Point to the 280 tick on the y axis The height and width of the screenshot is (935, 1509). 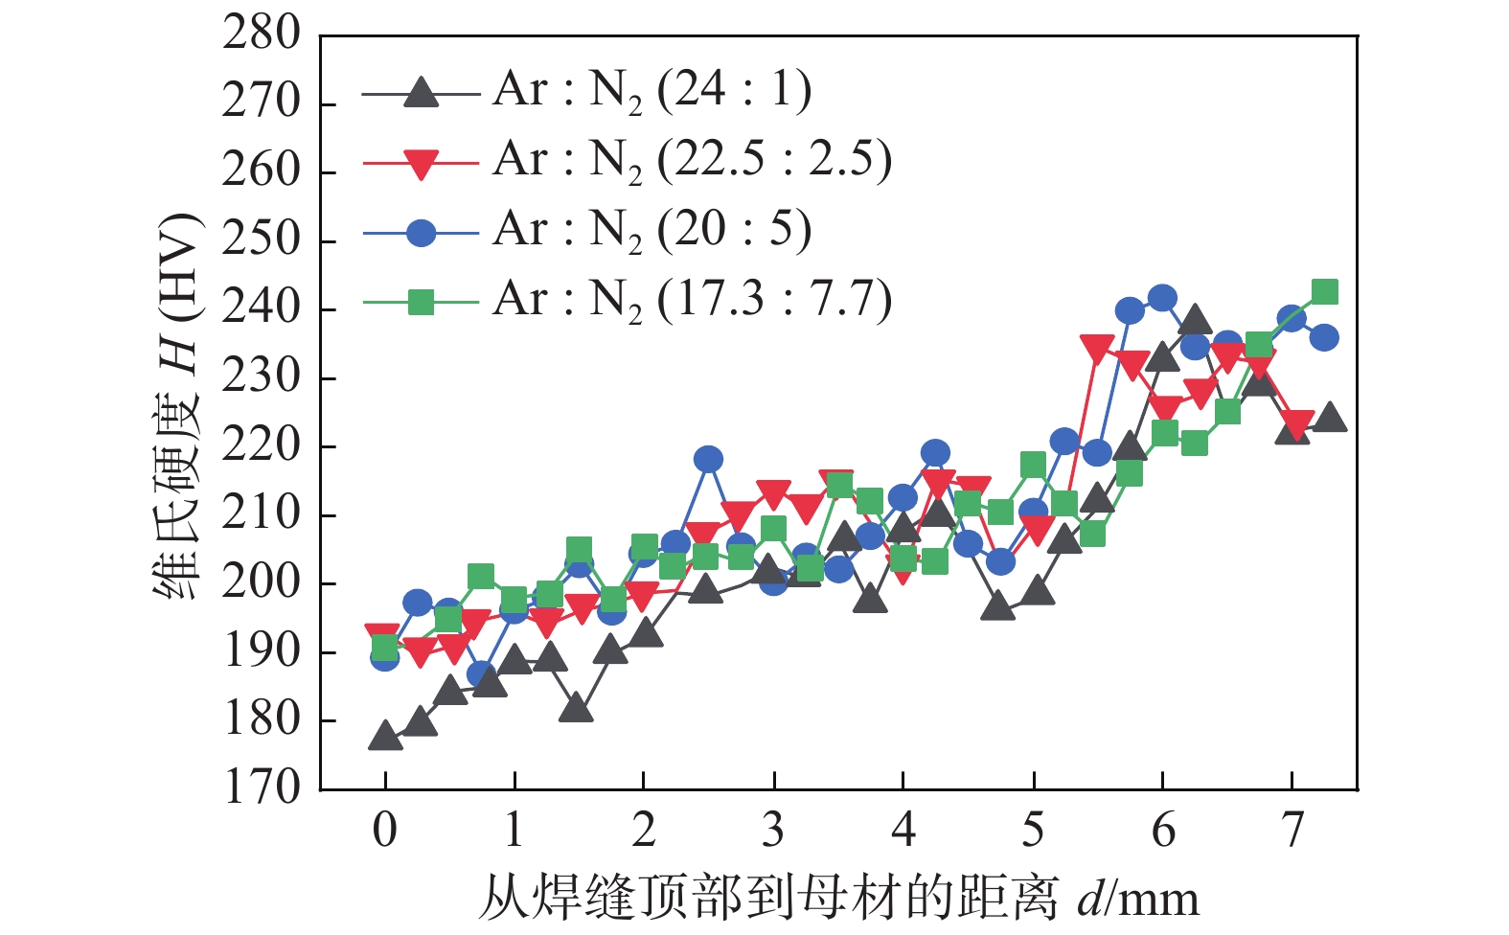coord(262,34)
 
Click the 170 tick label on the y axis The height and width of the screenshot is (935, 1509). coord(262,788)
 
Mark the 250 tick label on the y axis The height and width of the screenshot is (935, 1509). coord(262,240)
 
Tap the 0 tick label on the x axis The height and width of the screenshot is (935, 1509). coord(385,831)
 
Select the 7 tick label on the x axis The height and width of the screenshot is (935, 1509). coord(1292,831)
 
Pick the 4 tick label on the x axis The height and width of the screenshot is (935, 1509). coord(903,831)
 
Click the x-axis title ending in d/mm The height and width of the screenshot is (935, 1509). coord(837,898)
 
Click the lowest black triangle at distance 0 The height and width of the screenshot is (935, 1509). coord(385,737)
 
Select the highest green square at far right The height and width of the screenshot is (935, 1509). coord(1324,292)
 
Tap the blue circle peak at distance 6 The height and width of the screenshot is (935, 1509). coord(1162,299)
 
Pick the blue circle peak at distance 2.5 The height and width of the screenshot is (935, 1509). coord(708,460)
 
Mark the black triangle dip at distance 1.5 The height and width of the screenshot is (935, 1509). coord(576,710)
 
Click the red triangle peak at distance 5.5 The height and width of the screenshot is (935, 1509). coord(1097,348)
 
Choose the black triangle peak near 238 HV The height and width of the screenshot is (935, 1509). coord(1195,321)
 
